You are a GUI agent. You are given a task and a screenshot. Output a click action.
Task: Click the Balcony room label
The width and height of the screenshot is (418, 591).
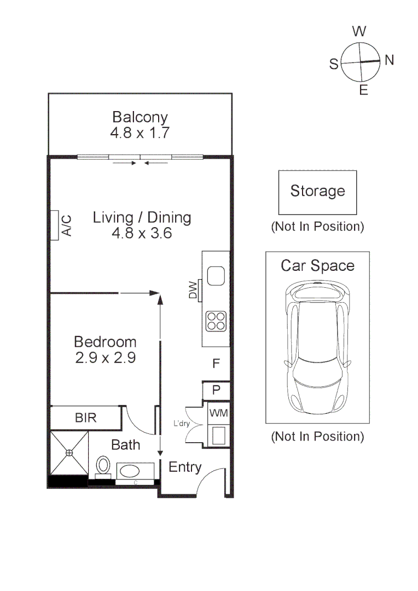tap(140, 117)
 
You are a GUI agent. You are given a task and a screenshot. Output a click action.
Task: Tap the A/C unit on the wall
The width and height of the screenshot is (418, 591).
tap(56, 225)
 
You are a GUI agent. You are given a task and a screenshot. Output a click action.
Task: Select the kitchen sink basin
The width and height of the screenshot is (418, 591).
tap(216, 276)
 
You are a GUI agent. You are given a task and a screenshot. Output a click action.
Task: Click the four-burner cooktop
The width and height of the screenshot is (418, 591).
tap(216, 321)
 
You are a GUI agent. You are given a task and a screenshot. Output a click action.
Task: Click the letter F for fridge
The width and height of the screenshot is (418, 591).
tap(216, 363)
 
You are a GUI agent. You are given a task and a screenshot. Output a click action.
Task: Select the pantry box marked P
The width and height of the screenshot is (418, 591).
tap(216, 390)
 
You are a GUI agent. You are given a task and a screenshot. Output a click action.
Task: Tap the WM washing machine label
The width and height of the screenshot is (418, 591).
tap(218, 413)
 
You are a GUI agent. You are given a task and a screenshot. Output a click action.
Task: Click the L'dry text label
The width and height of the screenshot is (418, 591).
tap(182, 424)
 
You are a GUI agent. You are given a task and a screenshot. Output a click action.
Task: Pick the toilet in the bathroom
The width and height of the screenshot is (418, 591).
tap(103, 466)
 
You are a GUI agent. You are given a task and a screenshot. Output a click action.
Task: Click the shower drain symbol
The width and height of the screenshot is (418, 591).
tap(69, 453)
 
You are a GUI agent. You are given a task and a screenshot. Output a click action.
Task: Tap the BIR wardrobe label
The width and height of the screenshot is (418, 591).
tap(85, 418)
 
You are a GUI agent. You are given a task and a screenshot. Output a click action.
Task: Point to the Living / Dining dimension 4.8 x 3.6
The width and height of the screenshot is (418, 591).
tap(142, 233)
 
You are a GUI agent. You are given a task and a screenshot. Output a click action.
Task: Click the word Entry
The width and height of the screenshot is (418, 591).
tap(185, 467)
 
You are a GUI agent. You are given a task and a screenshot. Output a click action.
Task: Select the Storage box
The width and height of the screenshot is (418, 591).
tap(317, 192)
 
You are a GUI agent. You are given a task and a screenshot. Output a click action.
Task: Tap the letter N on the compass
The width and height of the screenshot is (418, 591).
tap(389, 60)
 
